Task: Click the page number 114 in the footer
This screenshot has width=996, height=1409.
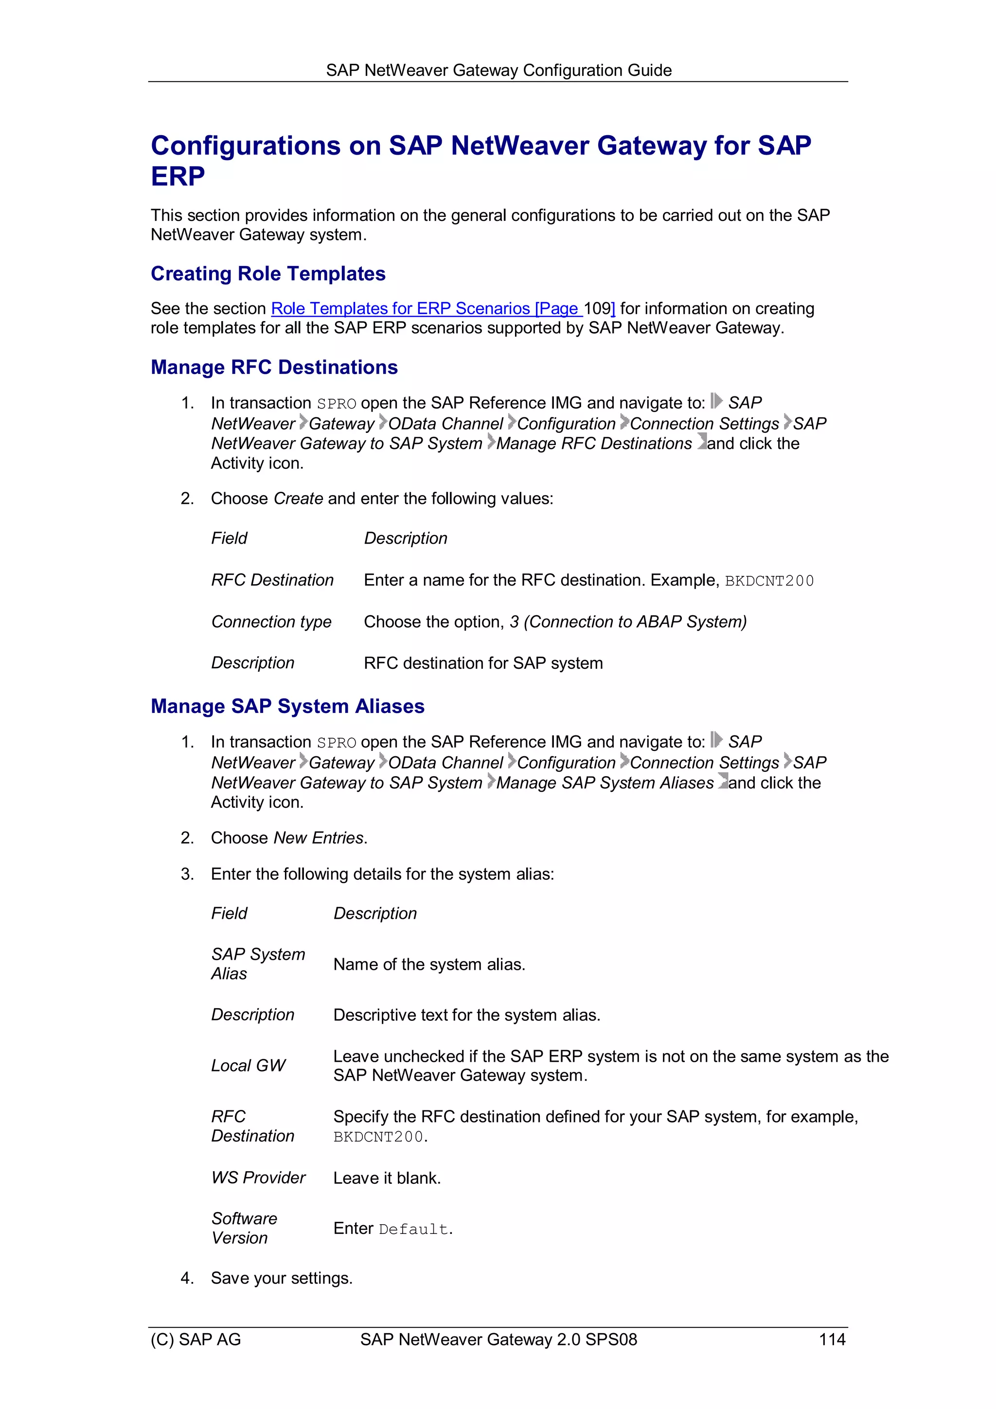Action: coord(832,1339)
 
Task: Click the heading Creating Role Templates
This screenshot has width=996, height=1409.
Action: coord(267,274)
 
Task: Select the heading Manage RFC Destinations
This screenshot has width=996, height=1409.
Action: coord(274,367)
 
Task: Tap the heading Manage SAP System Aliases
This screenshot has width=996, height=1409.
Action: coord(287,706)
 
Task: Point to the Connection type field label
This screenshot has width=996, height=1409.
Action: coord(271,622)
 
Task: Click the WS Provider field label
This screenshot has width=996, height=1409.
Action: coord(258,1177)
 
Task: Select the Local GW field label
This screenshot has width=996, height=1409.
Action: coord(248,1065)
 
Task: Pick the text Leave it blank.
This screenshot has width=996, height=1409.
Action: coord(387,1177)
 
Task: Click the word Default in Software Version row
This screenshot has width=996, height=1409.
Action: coord(413,1229)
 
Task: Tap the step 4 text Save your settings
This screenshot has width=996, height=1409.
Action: coord(282,1278)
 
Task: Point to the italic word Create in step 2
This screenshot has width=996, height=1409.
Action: coord(298,499)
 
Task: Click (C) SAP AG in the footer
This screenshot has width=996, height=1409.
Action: coord(196,1339)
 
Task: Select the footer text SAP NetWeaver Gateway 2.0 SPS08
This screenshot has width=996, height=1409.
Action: coord(498,1339)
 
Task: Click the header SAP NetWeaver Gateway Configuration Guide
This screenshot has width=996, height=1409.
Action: coord(498,70)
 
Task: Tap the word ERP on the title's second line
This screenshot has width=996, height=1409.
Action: coord(178,177)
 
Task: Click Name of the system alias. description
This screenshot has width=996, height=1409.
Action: coord(429,964)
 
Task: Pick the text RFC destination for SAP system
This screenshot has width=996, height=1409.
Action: coord(483,663)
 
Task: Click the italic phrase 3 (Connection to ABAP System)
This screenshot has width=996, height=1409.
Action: coord(628,622)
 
